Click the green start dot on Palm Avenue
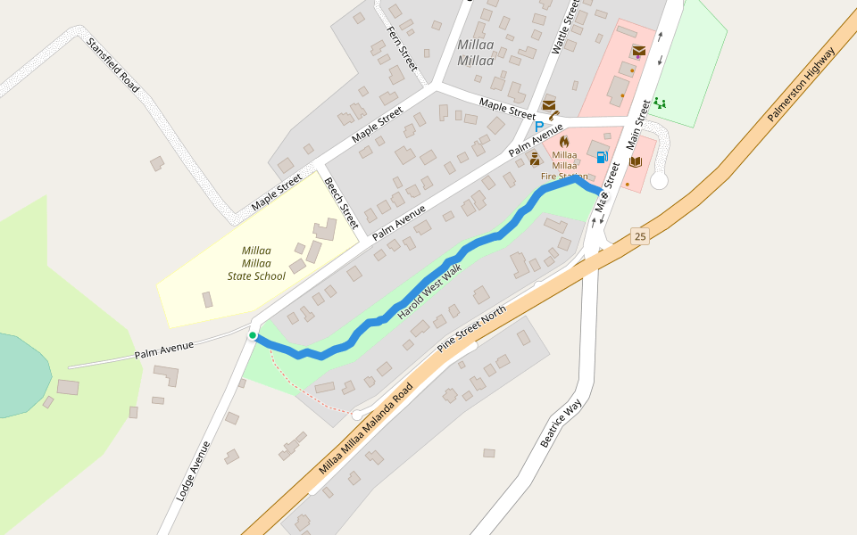click(253, 335)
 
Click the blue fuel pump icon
click(602, 158)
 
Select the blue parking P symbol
click(538, 127)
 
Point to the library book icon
click(636, 161)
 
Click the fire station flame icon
click(564, 141)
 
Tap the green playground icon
click(660, 103)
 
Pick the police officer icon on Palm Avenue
click(534, 159)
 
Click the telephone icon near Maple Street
click(554, 115)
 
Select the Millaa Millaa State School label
click(256, 263)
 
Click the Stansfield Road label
click(113, 64)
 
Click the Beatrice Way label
click(561, 423)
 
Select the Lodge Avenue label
click(193, 470)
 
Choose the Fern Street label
click(402, 48)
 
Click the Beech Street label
click(341, 202)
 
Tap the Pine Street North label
click(471, 328)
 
